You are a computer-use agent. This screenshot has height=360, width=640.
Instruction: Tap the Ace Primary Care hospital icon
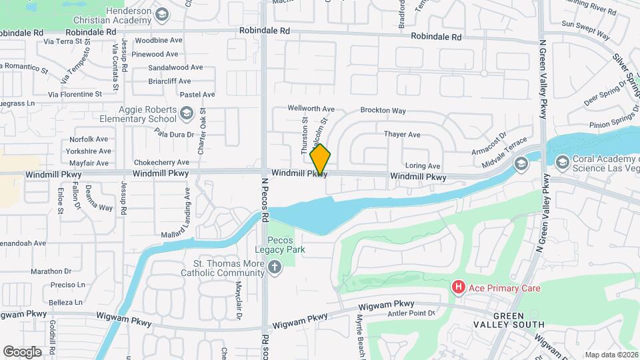pos(459,288)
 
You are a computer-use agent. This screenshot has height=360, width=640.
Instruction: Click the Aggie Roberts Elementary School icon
pos(186,114)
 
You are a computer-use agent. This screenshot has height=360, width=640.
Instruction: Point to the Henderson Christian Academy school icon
pos(161,15)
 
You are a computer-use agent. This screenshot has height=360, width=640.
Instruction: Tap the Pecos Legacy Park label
pos(285,245)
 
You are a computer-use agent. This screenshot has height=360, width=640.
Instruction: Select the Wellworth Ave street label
pos(311,108)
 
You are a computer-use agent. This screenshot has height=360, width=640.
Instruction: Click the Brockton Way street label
pos(383,110)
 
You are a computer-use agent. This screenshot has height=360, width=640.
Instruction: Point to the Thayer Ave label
pos(402,134)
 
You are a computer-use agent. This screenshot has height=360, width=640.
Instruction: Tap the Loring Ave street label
pos(423,166)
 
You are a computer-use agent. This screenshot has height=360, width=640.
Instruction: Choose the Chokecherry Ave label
pos(161,162)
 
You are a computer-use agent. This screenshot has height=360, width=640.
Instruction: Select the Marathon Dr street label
pos(51,271)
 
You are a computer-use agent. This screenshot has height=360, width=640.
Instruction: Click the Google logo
pos(22,351)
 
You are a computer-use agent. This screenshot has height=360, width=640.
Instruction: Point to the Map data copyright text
pos(611,355)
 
